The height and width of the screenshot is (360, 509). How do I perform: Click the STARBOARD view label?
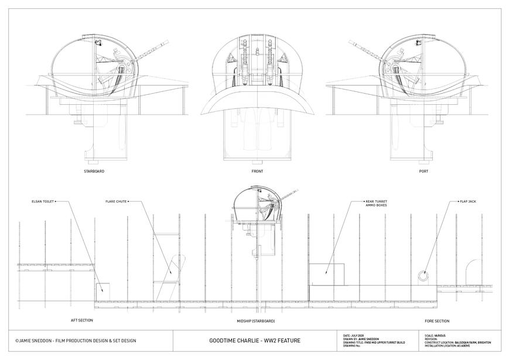[x=94, y=172]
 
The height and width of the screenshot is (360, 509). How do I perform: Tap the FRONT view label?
[x=257, y=172]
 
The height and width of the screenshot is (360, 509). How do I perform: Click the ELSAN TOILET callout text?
[x=43, y=201]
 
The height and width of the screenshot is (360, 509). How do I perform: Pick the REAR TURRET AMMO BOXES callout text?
[x=376, y=203]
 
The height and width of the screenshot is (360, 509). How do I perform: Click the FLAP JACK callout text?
[x=467, y=201]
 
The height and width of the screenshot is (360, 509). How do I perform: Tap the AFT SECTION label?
[x=82, y=320]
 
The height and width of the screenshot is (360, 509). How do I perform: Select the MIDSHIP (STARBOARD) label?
[x=255, y=321]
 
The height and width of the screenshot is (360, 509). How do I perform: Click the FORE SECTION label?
[x=437, y=321]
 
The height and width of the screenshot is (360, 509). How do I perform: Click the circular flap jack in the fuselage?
[x=422, y=275]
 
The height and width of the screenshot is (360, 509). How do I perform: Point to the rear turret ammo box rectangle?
[x=326, y=274]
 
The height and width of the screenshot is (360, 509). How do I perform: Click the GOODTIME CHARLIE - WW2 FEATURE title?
[x=255, y=341]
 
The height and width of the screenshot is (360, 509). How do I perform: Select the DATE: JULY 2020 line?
[x=357, y=335]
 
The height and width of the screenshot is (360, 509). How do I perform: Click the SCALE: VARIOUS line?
[x=434, y=335]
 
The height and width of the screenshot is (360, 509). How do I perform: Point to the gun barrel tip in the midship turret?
[x=298, y=190]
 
